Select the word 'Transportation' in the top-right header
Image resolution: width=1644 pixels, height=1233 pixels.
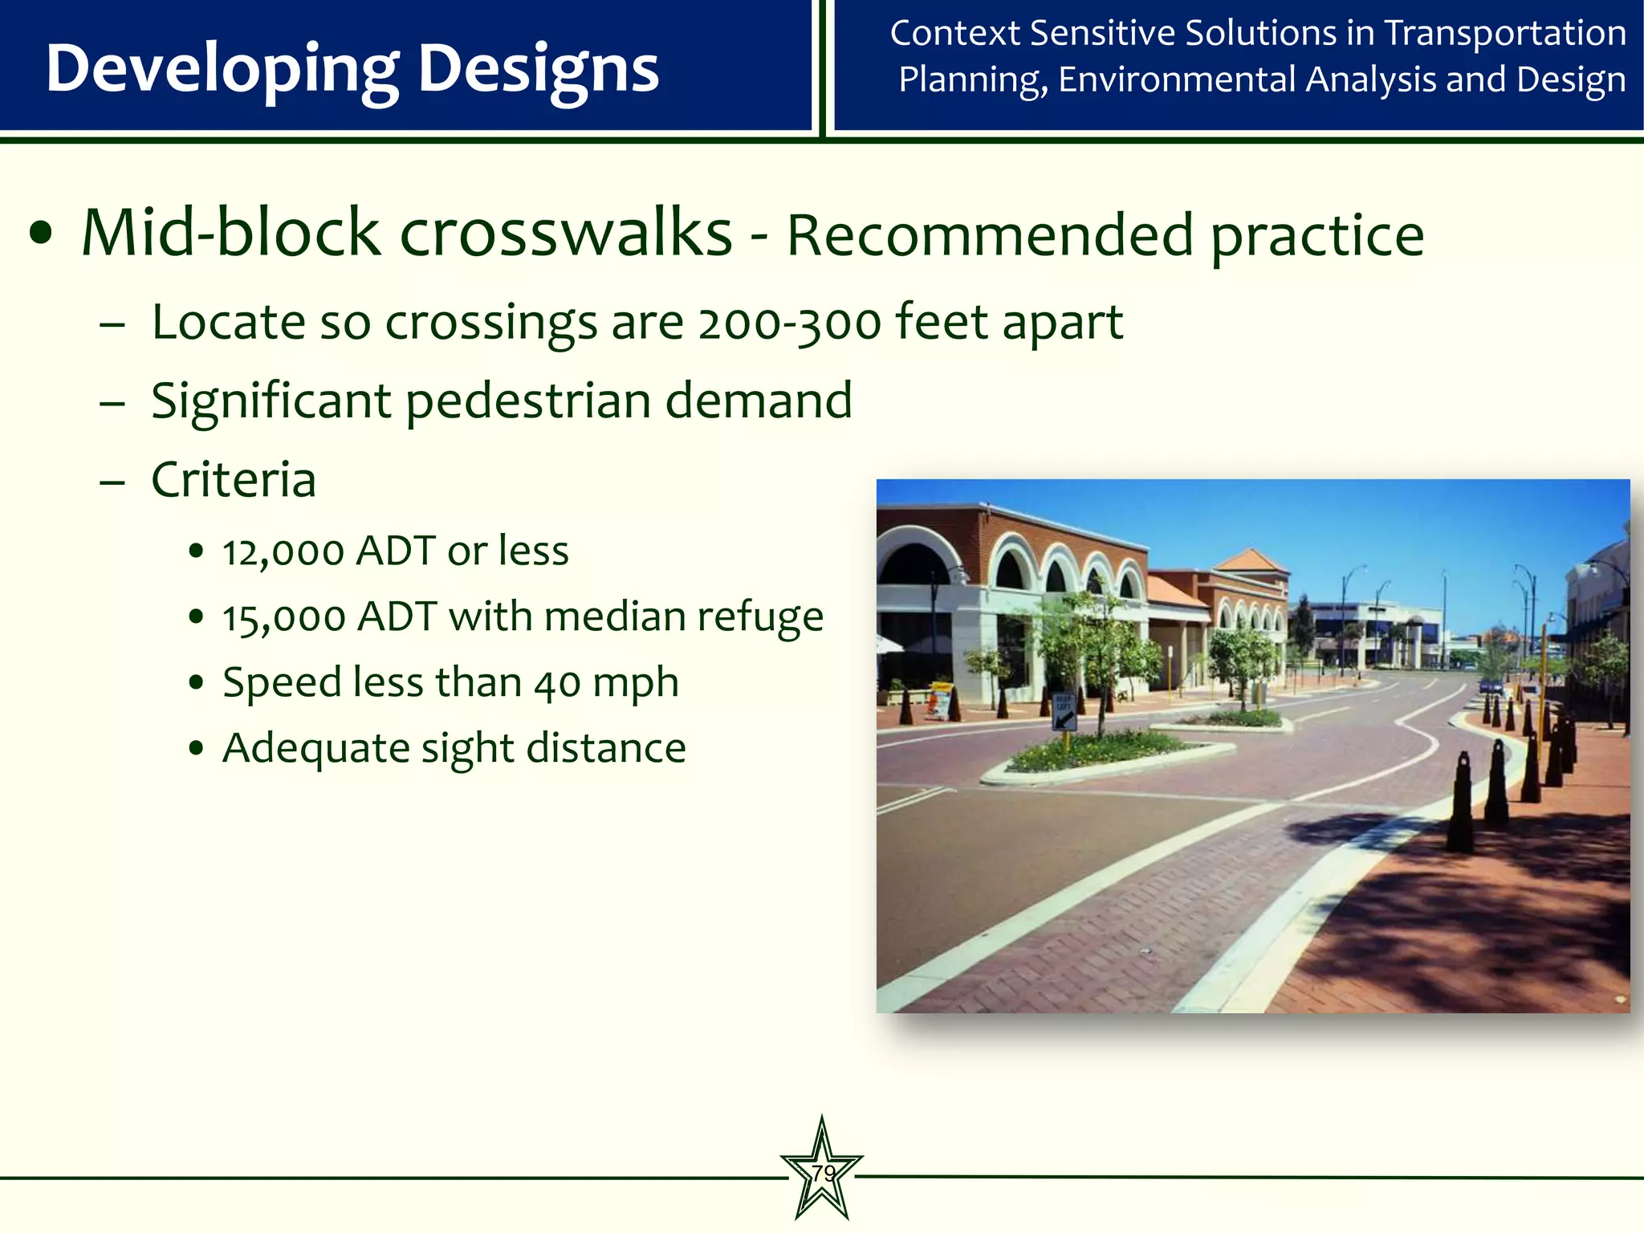coord(1505,34)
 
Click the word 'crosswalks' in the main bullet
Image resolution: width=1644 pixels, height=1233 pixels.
coord(566,234)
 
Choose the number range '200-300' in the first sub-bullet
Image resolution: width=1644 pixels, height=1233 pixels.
coord(789,324)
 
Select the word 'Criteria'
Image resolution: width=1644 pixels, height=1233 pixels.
coord(233,480)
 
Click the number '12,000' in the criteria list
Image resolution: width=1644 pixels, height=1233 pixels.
coord(283,552)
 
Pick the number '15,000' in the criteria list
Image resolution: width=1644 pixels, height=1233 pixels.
coord(283,618)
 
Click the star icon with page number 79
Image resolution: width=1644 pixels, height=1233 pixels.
coord(821,1171)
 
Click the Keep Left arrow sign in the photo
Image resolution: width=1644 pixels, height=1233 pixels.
coord(1064,711)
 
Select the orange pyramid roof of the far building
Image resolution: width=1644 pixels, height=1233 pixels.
coord(1249,560)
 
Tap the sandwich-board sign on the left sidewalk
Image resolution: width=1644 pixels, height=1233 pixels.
coord(939,700)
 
